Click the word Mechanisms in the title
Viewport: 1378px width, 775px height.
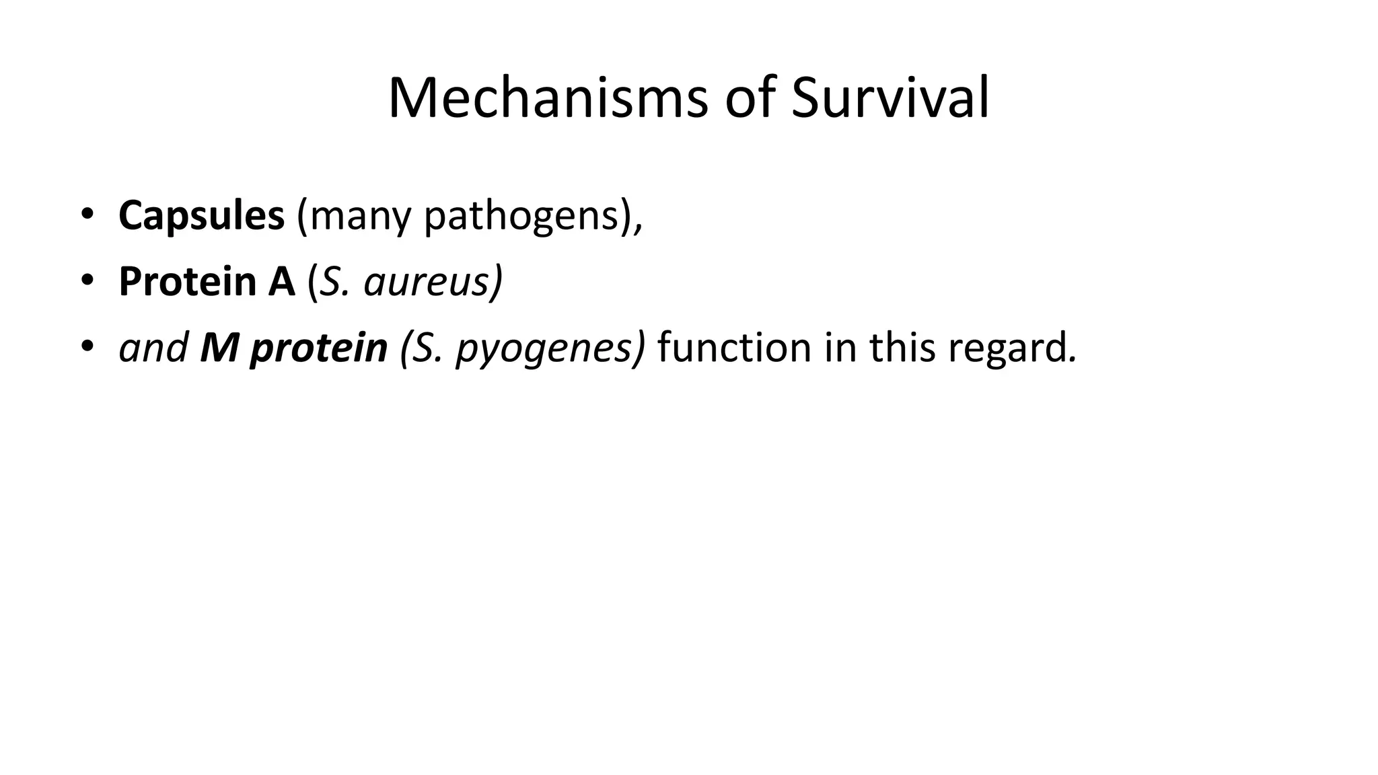(547, 98)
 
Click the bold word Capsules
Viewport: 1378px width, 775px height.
(201, 216)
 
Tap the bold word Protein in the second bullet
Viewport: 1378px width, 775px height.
(187, 281)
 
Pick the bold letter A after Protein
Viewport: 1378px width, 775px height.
(282, 281)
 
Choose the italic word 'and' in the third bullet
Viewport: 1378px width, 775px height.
(153, 347)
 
